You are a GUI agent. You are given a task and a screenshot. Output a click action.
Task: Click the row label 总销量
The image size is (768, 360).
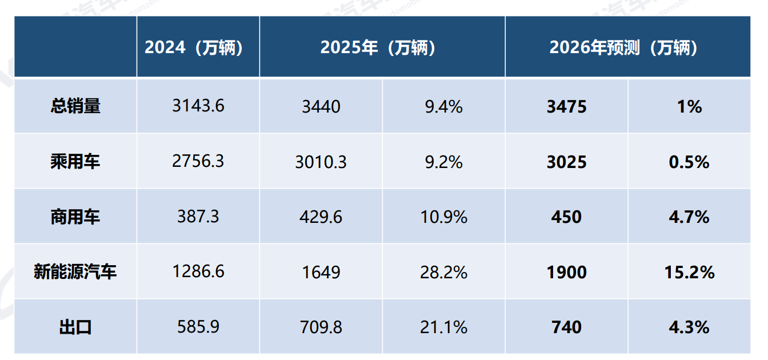pyautogui.click(x=75, y=106)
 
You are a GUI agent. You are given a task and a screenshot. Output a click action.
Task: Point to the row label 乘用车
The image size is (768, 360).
pyautogui.click(x=75, y=162)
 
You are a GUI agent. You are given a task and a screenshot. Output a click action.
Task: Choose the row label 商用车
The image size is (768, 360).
pyautogui.click(x=75, y=217)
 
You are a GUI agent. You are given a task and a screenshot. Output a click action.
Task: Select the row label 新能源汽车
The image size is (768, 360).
pyautogui.click(x=75, y=272)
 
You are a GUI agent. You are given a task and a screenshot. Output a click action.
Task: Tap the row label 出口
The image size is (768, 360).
pyautogui.click(x=75, y=327)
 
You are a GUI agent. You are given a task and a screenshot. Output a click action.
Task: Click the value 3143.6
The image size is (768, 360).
pyautogui.click(x=198, y=106)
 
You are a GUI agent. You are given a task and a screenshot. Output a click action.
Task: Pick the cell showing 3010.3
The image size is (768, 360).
pyautogui.click(x=321, y=162)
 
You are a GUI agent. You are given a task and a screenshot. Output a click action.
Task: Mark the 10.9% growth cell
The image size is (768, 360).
pyautogui.click(x=443, y=217)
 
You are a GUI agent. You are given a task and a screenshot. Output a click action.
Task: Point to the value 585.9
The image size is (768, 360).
pyautogui.click(x=198, y=327)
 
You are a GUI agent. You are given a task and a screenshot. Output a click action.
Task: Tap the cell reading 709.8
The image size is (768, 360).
pyautogui.click(x=321, y=327)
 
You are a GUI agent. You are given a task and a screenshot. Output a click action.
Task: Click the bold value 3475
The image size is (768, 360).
pyautogui.click(x=566, y=107)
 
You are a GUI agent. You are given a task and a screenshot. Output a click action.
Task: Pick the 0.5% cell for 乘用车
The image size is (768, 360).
pyautogui.click(x=689, y=162)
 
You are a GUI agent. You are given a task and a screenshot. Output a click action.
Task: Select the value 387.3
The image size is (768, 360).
pyautogui.click(x=198, y=217)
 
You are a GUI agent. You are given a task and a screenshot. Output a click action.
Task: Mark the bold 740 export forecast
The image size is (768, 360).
pyautogui.click(x=566, y=327)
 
